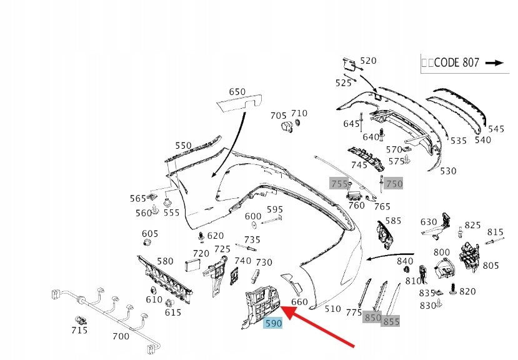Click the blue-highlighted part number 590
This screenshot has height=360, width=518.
(x=273, y=323)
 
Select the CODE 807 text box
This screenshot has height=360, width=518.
(x=462, y=62)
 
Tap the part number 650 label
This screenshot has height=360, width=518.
(x=237, y=92)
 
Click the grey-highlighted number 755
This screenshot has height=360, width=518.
(x=339, y=183)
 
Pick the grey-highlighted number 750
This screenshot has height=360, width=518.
(x=394, y=183)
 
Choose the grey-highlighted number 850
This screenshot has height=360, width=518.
(x=373, y=317)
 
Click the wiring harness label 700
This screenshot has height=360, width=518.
(x=121, y=336)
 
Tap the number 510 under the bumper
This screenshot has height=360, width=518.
(x=333, y=308)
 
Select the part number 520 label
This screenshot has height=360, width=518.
(x=369, y=61)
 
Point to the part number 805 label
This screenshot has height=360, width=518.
(x=491, y=265)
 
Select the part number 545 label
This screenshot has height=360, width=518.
(x=496, y=129)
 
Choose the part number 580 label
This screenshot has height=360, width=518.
(x=165, y=261)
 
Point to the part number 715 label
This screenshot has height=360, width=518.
(x=79, y=329)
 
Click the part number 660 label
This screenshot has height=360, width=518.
(x=299, y=302)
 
